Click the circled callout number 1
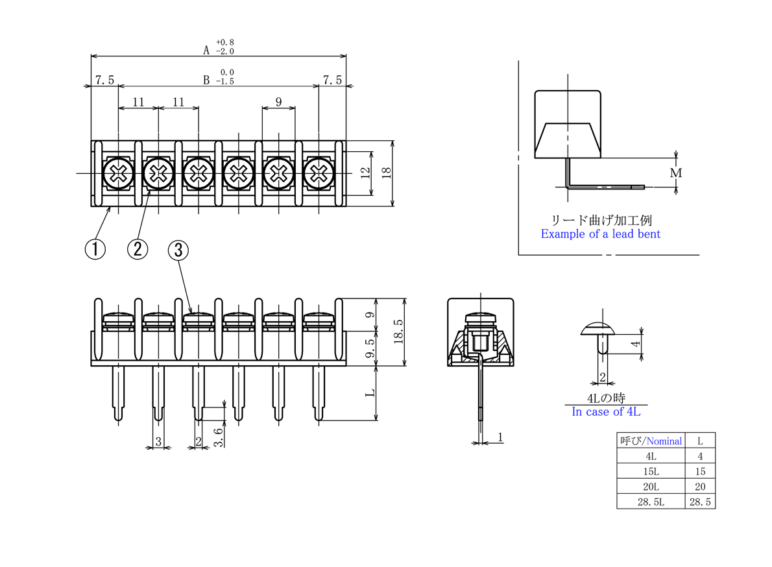click(95, 249)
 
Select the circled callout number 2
click(138, 249)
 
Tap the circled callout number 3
click(178, 250)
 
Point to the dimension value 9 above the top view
click(279, 101)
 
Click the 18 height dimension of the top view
click(387, 173)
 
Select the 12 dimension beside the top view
click(365, 173)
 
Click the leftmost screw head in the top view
click(118, 173)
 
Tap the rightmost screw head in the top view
click(319, 173)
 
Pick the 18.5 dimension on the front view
click(399, 332)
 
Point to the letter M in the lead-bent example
click(676, 173)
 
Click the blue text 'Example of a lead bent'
click(601, 234)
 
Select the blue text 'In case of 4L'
click(606, 411)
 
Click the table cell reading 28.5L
click(651, 502)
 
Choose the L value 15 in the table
click(700, 472)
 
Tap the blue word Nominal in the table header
click(664, 441)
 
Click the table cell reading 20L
click(651, 487)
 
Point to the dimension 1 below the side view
click(500, 437)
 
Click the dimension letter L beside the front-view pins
click(370, 392)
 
